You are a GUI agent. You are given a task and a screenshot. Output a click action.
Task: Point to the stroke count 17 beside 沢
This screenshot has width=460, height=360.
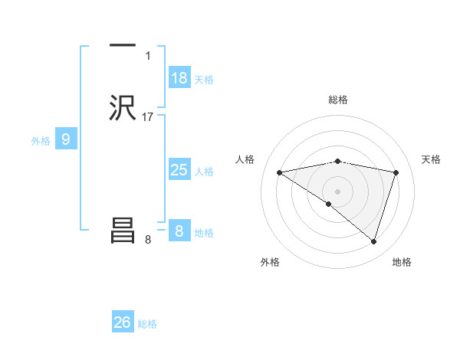pos(148,117)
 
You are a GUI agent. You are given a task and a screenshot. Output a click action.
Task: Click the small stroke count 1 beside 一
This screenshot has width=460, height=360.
pos(148,56)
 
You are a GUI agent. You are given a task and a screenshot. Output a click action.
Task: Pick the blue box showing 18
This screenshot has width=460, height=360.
pos(179,78)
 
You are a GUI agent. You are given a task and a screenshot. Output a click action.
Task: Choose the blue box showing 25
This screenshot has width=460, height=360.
pos(179,170)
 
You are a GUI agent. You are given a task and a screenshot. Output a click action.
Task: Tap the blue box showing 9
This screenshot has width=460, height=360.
pos(66,139)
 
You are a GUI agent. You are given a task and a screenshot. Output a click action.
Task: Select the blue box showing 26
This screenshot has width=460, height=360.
pos(123,322)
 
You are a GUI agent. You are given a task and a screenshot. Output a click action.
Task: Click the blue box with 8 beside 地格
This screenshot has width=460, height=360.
pos(179,231)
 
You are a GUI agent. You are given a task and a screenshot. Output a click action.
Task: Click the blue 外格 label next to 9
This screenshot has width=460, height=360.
pos(41,141)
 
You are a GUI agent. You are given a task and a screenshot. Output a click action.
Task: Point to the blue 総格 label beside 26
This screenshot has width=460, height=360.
pos(147,324)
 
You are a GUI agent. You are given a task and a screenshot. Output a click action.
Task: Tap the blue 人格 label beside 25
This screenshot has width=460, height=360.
pos(204,172)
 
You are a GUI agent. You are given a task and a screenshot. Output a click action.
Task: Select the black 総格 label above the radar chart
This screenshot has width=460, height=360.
pos(338,100)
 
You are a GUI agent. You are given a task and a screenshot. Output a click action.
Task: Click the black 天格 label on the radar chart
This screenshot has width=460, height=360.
pos(431,159)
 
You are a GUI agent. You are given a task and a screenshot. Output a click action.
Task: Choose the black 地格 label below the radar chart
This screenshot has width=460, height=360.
pos(402,262)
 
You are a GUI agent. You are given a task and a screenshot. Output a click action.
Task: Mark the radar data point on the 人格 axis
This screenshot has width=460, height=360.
pos(280,172)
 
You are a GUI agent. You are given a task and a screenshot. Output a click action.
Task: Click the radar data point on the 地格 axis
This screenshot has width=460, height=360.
pos(374,241)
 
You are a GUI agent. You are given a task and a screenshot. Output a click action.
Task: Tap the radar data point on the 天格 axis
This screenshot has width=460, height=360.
pos(396,172)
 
